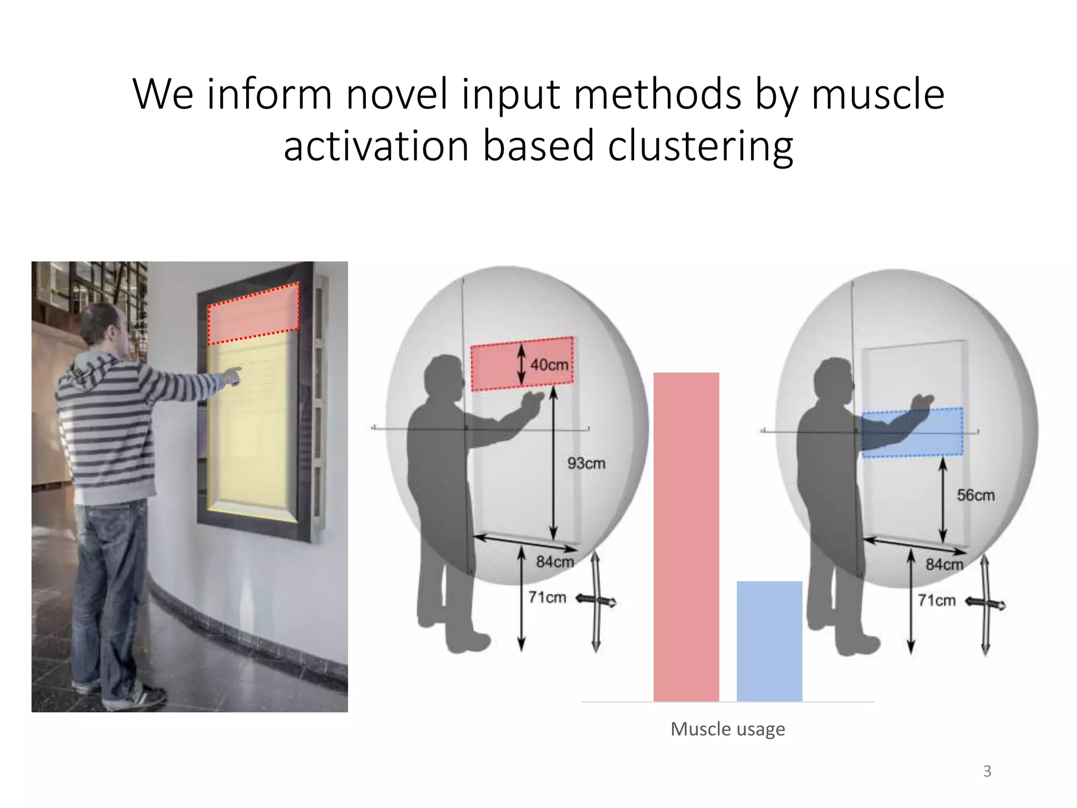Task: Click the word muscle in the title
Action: (878, 95)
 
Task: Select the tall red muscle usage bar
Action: (686, 537)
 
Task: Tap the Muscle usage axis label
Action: (728, 729)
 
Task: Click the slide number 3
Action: (987, 771)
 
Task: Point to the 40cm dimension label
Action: (549, 365)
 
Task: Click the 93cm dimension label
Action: (586, 463)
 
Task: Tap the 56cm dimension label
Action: (976, 495)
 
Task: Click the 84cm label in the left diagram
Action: (555, 562)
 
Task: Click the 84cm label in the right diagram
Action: (944, 564)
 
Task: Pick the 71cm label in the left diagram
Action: (547, 598)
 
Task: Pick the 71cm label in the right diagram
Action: (937, 600)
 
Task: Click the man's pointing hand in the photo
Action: (231, 376)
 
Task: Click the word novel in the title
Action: (397, 95)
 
